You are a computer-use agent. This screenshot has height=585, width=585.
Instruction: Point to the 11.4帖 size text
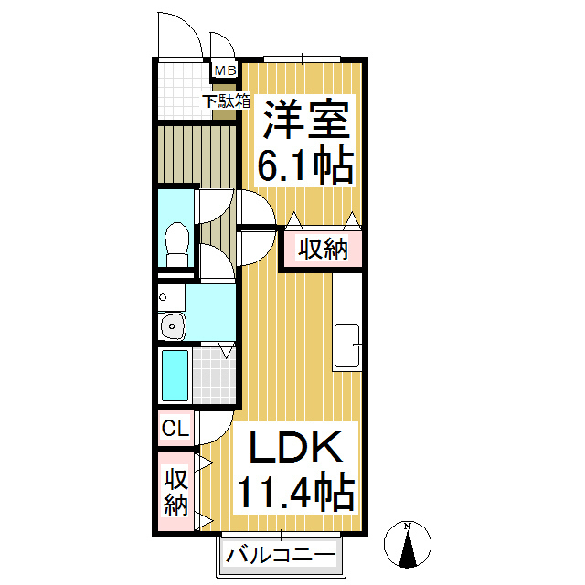[294, 494]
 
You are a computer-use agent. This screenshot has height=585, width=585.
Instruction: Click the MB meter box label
[224, 70]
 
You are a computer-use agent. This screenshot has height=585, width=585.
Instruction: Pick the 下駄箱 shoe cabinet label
[227, 101]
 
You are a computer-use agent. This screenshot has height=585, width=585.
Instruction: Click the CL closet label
[174, 428]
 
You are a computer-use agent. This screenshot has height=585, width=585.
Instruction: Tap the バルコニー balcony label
[281, 554]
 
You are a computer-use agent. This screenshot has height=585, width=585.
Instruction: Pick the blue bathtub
[175, 375]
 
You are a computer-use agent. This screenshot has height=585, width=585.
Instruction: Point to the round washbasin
[172, 324]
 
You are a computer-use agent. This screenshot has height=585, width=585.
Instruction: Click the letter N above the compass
[409, 526]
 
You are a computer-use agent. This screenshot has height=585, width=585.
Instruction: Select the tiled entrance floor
[180, 90]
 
